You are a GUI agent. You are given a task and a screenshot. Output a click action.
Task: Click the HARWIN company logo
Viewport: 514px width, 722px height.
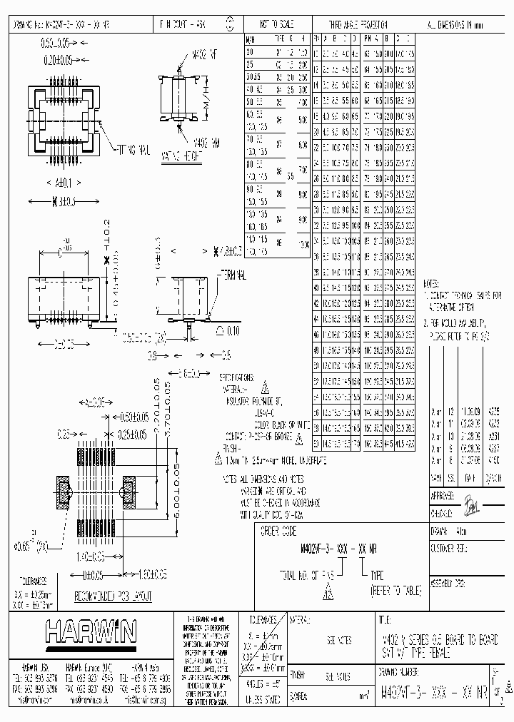click(90, 631)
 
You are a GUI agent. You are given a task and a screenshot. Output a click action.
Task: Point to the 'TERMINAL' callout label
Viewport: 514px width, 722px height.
click(231, 273)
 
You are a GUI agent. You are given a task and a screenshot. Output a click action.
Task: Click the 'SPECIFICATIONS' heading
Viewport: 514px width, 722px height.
click(236, 377)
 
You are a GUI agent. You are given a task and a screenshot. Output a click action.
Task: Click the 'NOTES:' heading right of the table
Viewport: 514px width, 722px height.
click(435, 283)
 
